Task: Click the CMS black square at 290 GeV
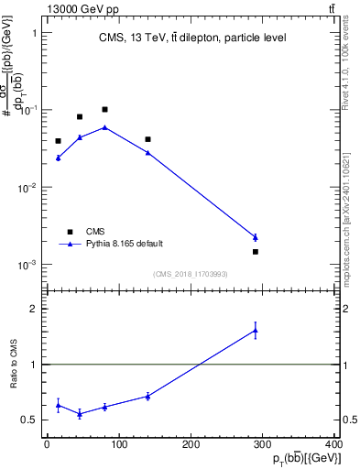[256, 251]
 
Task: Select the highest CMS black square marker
[104, 109]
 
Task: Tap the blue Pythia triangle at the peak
[104, 127]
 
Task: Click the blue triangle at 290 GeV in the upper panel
[256, 237]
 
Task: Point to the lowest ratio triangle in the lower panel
[80, 413]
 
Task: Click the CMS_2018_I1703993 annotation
[191, 274]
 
